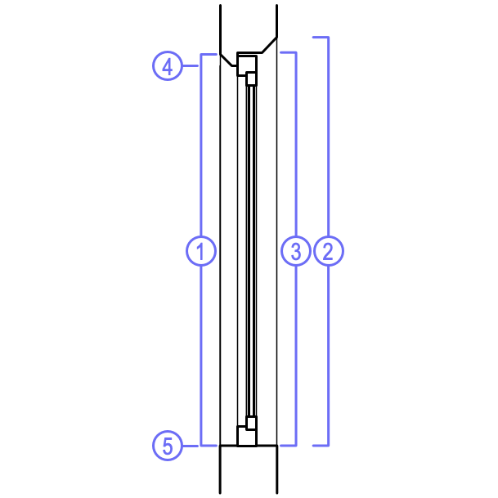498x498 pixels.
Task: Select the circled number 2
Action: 329,251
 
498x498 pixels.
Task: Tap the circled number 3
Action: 295,251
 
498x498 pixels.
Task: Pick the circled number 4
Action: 168,65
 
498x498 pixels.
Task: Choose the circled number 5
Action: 168,446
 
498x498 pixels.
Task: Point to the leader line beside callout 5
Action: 191,446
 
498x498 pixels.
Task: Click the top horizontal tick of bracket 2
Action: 321,38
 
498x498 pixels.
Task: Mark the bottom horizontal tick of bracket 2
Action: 321,446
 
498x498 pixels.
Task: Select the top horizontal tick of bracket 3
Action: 287,52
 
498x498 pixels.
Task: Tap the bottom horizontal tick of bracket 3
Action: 287,446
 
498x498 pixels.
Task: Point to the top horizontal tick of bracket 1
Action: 209,55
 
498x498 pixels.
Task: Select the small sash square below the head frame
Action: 251,78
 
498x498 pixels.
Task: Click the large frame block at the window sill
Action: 245,436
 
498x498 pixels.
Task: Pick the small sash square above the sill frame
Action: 251,423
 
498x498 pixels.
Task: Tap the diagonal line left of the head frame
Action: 227,61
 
